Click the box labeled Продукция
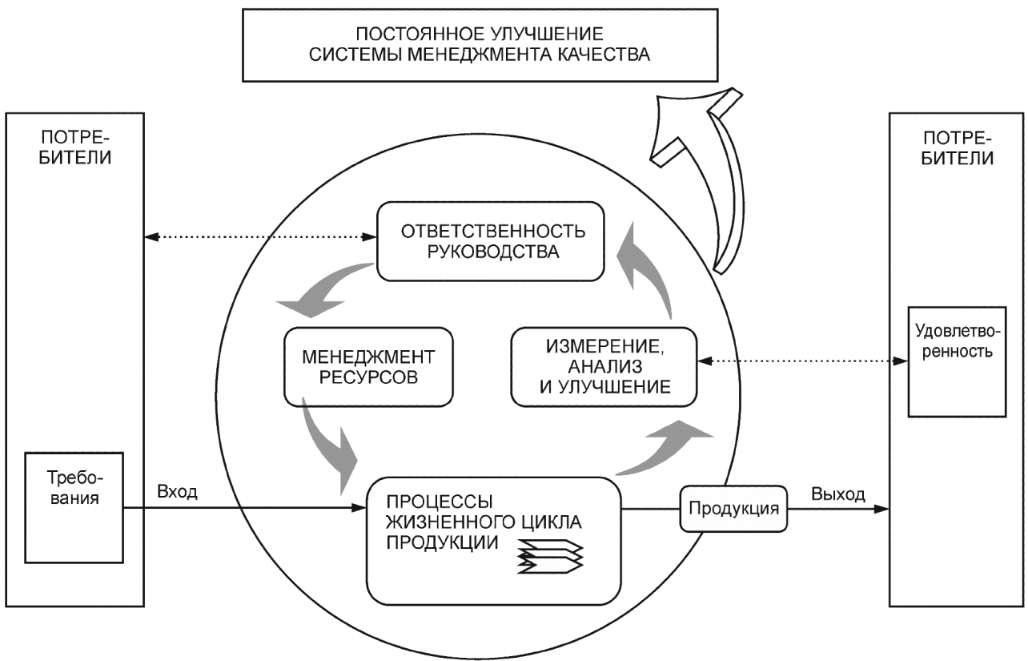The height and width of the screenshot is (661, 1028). coord(733,509)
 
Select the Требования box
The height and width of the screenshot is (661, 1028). coord(74,508)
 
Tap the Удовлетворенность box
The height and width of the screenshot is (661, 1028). coord(957,362)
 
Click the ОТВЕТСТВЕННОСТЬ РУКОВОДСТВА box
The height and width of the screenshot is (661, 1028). coord(491,241)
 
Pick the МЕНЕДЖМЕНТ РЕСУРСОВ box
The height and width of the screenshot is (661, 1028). coord(368,367)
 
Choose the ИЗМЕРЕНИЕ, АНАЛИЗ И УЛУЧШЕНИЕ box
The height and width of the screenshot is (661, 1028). coord(604,367)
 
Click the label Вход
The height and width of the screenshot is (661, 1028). coord(177,492)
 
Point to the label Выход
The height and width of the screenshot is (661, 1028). coord(838,494)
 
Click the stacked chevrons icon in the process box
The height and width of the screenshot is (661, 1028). coord(550,556)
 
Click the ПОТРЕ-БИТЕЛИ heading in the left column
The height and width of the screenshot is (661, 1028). coord(74,148)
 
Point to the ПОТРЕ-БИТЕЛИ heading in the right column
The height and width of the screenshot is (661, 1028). coord(958,148)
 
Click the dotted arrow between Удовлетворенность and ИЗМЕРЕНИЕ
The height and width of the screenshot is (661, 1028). coord(802,361)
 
